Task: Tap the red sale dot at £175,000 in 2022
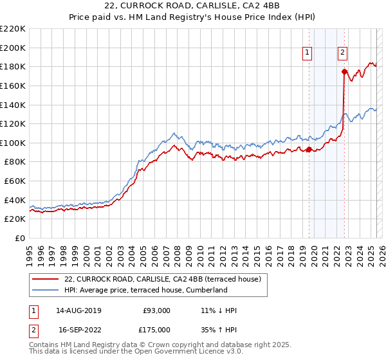pyautogui.click(x=345, y=71)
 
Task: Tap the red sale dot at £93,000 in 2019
pyautogui.click(x=309, y=150)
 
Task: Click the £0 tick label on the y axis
pyautogui.click(x=19, y=239)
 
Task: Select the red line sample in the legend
pyautogui.click(x=46, y=279)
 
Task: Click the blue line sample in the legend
pyautogui.click(x=46, y=290)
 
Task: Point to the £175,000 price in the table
pyautogui.click(x=156, y=330)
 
